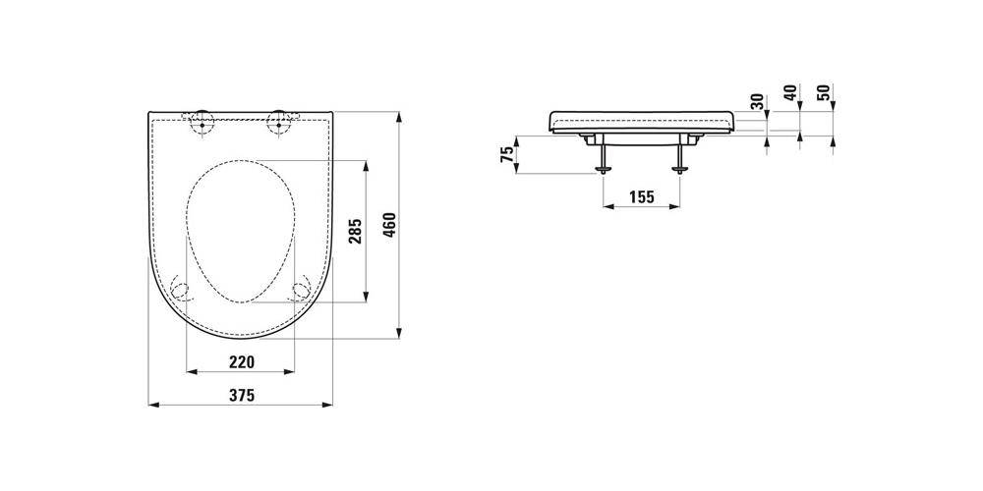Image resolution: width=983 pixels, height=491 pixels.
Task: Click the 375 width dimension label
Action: [241, 395]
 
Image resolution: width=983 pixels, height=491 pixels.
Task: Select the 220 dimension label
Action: [242, 362]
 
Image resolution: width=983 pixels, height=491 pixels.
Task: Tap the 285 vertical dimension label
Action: [356, 231]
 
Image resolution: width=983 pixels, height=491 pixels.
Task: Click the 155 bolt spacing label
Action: [641, 197]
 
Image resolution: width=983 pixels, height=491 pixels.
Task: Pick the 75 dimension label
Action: [506, 155]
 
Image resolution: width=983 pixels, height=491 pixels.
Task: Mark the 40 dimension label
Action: [790, 92]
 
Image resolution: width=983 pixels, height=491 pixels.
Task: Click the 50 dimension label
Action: [824, 92]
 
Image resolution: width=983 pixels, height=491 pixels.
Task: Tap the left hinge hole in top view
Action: [202, 124]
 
